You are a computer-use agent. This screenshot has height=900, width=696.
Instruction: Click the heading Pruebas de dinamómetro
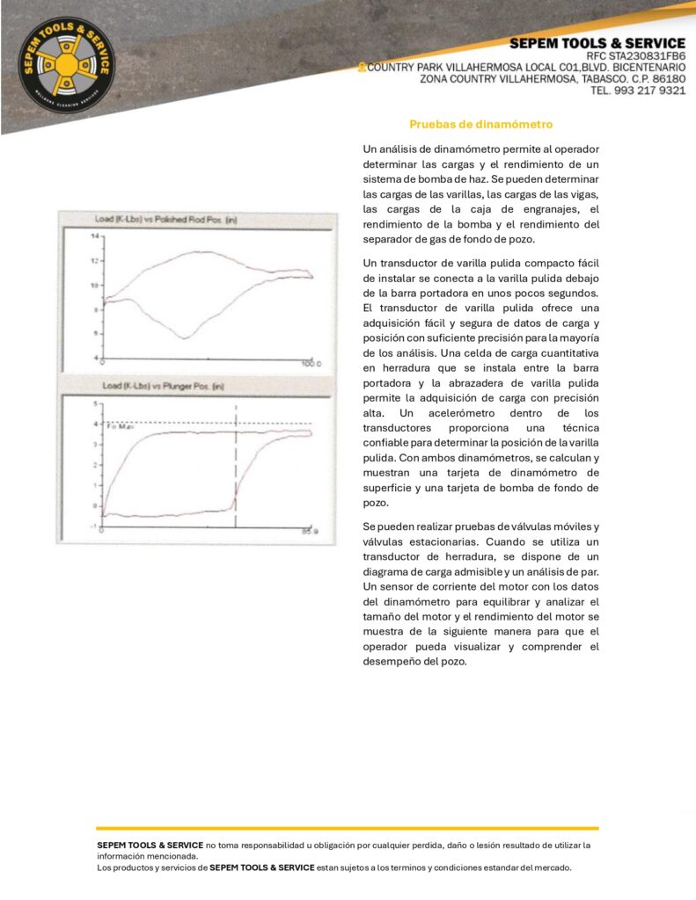coord(480,125)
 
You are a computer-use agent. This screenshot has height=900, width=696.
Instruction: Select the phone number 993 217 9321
coord(648,90)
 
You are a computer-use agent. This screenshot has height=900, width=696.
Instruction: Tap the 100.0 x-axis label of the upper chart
coord(311,363)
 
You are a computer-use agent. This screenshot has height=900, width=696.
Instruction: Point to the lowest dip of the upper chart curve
coord(184,337)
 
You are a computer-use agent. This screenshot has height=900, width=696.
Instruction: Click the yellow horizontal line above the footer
coord(348,828)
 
